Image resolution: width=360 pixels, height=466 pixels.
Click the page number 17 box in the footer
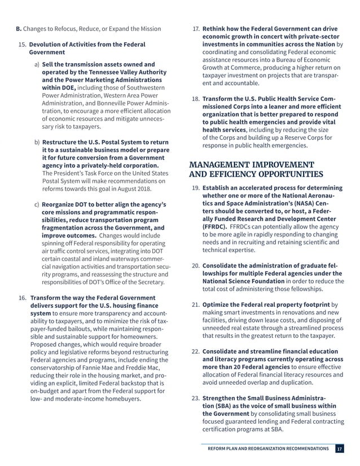[x=340, y=449]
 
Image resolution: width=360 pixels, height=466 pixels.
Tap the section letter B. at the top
[x=18, y=28]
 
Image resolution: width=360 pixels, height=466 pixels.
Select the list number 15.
[x=23, y=44]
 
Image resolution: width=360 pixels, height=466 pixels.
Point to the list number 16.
[x=23, y=297]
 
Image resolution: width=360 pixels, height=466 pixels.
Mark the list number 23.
[x=195, y=396]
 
